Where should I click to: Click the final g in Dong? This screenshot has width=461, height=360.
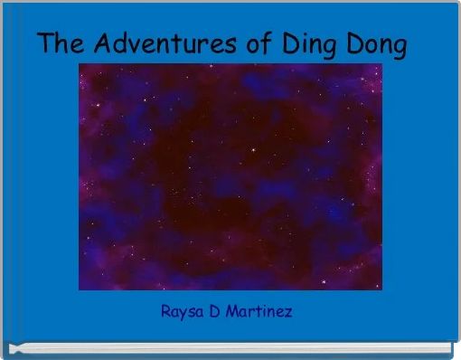(x=400, y=47)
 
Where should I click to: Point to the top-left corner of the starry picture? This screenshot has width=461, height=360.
(x=80, y=65)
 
